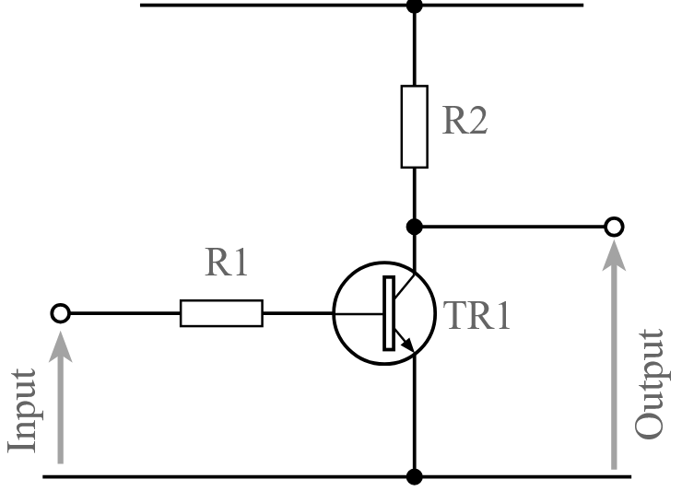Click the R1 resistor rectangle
pyautogui.click(x=221, y=313)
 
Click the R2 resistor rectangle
pyautogui.click(x=414, y=126)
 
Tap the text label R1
pyautogui.click(x=227, y=263)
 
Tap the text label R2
pyautogui.click(x=464, y=121)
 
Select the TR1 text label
pyautogui.click(x=476, y=315)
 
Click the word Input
pyautogui.click(x=22, y=411)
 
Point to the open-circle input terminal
pyautogui.click(x=60, y=313)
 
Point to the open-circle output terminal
pyautogui.click(x=613, y=226)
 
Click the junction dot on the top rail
pyautogui.click(x=414, y=5)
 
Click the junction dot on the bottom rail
pyautogui.click(x=414, y=476)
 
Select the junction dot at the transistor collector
pyautogui.click(x=414, y=226)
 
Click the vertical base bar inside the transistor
pyautogui.click(x=389, y=313)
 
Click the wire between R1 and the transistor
pyautogui.click(x=297, y=313)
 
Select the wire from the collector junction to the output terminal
pyautogui.click(x=511, y=226)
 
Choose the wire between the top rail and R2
pyautogui.click(x=414, y=46)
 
